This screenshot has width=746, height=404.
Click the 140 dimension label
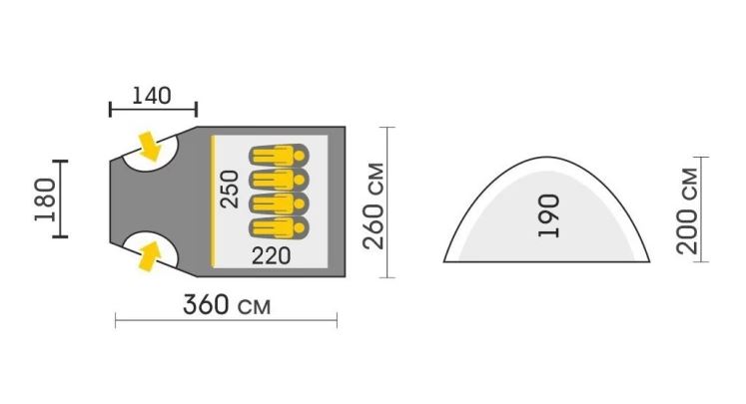coord(151,96)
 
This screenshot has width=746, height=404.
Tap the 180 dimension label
coord(45,200)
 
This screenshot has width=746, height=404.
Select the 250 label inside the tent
coord(230,190)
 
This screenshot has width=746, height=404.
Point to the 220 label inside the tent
coord(271,256)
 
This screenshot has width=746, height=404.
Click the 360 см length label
coord(227,304)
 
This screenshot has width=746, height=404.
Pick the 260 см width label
coord(373,205)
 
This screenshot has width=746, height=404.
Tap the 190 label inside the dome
coord(548,215)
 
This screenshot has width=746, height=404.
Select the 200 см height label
coord(686,211)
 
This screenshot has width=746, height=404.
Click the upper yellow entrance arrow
coord(150,146)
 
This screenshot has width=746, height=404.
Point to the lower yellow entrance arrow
coord(150,256)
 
